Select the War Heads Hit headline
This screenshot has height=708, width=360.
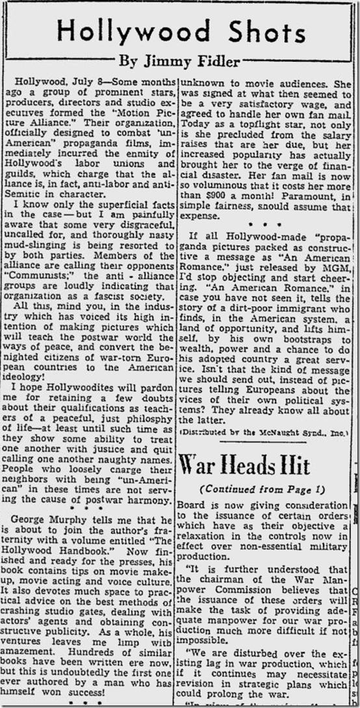click(x=244, y=465)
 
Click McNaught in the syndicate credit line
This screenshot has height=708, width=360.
click(x=277, y=431)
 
